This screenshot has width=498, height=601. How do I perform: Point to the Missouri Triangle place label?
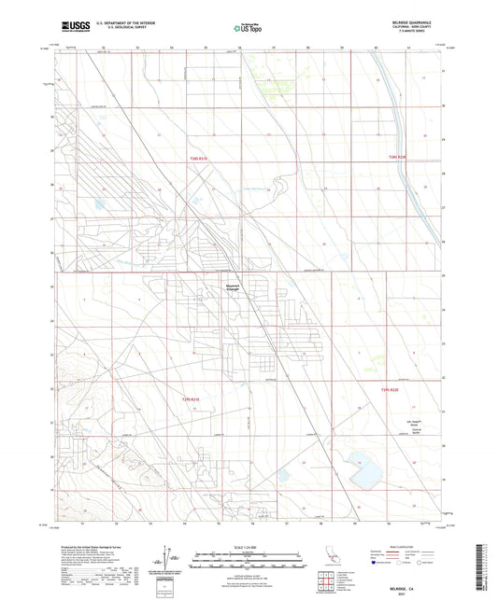[234, 287]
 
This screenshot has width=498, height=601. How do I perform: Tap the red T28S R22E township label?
[399, 158]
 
